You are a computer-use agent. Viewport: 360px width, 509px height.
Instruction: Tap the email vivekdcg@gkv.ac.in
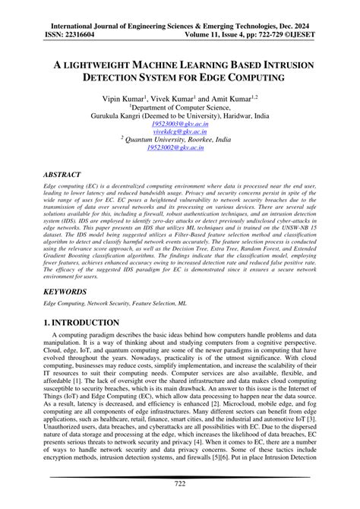click(x=179, y=131)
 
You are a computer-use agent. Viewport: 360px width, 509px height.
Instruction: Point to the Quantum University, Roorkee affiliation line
click(x=179, y=140)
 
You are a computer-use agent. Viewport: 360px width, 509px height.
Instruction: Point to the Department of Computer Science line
click(x=179, y=109)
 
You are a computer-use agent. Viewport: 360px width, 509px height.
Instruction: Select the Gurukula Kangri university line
click(x=179, y=116)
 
